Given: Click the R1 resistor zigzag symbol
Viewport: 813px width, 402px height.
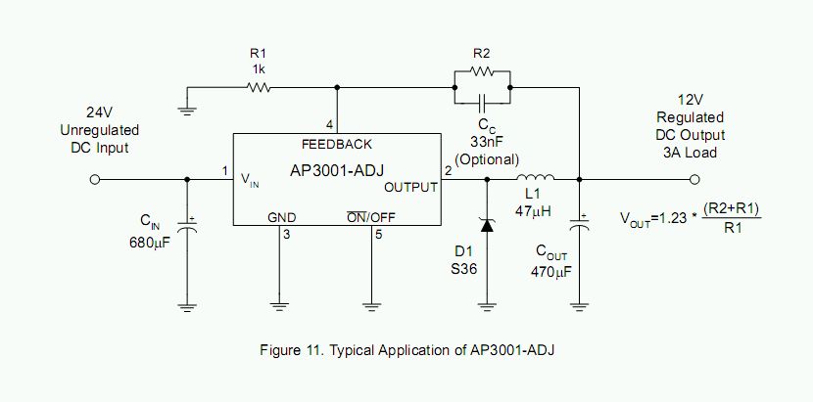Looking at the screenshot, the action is click(259, 88).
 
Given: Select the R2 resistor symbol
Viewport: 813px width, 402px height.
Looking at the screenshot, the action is click(482, 72).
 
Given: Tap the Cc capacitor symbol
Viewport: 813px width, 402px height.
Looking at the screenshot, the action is click(482, 103).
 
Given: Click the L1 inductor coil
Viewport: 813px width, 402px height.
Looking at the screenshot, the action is click(535, 177).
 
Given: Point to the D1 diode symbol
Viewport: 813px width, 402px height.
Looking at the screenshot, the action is click(487, 225).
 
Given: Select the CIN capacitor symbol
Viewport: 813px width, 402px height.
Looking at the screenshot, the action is click(187, 226).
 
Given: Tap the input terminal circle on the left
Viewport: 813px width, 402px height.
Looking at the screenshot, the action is click(94, 179).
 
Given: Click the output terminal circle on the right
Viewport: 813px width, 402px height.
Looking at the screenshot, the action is click(695, 179).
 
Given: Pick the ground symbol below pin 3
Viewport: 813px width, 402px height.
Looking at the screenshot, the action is click(279, 306).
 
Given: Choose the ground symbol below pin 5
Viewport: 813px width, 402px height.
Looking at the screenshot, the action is click(372, 306).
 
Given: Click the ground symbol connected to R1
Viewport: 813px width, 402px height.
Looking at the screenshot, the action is click(187, 110).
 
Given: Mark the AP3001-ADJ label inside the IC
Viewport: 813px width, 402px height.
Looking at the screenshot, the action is click(337, 170).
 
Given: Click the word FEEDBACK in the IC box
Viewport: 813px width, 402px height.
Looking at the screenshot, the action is click(337, 144).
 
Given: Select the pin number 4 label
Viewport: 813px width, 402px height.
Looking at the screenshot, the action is click(330, 125).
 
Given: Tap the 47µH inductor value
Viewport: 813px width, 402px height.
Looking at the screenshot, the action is click(533, 211).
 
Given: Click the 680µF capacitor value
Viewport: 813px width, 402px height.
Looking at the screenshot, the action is click(150, 243).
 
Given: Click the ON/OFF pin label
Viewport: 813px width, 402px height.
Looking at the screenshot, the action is click(370, 217).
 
